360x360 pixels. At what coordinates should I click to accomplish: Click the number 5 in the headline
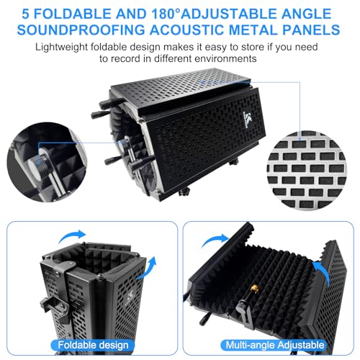(x=25, y=14)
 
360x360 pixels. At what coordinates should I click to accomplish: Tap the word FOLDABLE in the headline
(x=73, y=14)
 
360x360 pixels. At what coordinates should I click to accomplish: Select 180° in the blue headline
(x=166, y=14)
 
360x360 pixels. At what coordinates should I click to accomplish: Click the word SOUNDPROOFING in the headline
(x=81, y=30)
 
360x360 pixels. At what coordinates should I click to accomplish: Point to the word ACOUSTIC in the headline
(x=187, y=30)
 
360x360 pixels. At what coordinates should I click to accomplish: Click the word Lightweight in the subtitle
(x=61, y=48)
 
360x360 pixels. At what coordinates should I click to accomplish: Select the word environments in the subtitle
(x=225, y=58)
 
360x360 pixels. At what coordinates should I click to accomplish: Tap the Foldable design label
(x=93, y=345)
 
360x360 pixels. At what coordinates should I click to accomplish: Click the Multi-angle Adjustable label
(x=274, y=345)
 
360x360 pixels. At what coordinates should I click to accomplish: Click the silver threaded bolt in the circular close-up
(x=38, y=159)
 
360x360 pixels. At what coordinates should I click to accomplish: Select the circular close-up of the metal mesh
(x=306, y=171)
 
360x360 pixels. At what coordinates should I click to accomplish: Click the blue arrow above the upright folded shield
(x=72, y=236)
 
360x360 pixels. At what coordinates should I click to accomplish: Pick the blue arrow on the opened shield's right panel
(x=323, y=271)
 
